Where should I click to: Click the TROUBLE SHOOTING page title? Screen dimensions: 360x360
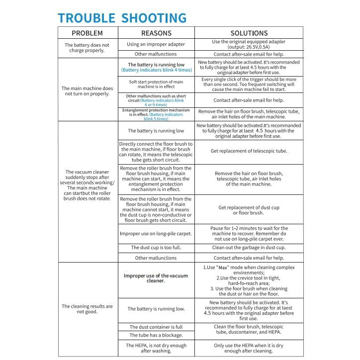point(122,18)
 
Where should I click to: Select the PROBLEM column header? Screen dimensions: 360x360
point(87,33)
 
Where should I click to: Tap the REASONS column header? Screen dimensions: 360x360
point(156,33)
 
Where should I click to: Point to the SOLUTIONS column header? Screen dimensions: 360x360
point(249,33)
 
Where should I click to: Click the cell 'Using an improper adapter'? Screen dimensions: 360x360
point(156,44)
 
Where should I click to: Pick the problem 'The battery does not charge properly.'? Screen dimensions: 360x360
point(87,48)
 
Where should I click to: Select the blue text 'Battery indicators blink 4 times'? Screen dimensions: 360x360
point(156,71)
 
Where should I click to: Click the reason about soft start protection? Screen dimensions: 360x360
point(156,84)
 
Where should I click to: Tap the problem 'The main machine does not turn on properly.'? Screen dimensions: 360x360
point(87,91)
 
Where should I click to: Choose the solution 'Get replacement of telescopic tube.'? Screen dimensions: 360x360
point(249,151)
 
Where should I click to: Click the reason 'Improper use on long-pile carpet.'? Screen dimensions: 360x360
point(156,233)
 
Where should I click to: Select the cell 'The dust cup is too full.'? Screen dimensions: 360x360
point(156,248)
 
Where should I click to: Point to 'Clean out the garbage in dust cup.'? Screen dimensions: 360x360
point(249,248)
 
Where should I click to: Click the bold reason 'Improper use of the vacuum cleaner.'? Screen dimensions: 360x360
point(156,278)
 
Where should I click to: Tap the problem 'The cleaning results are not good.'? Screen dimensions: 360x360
point(87,309)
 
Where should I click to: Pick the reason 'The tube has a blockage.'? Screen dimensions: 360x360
point(156,335)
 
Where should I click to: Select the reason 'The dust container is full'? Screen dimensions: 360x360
point(156,327)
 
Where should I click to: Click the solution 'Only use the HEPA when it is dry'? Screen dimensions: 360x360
point(249,345)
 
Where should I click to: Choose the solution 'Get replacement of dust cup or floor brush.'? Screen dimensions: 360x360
point(249,210)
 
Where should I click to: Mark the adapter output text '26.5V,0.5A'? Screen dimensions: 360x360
point(254,47)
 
